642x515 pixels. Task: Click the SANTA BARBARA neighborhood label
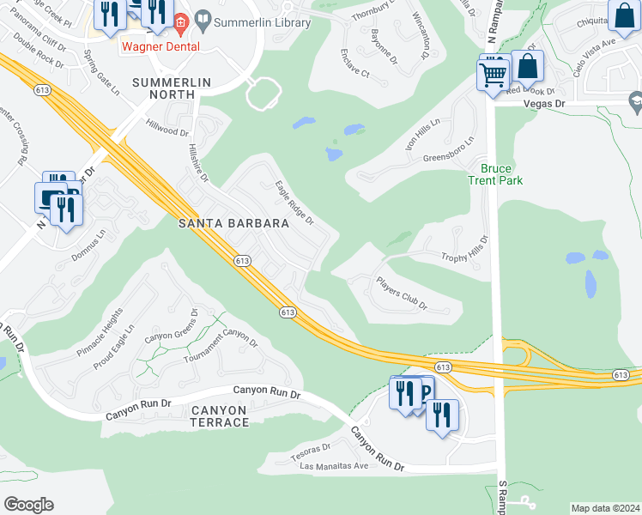233,223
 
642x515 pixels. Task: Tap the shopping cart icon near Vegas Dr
493,76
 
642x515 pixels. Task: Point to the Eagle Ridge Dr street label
294,203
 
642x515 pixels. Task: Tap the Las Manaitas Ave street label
334,467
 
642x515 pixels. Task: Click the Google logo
28,505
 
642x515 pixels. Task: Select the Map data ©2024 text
605,508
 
